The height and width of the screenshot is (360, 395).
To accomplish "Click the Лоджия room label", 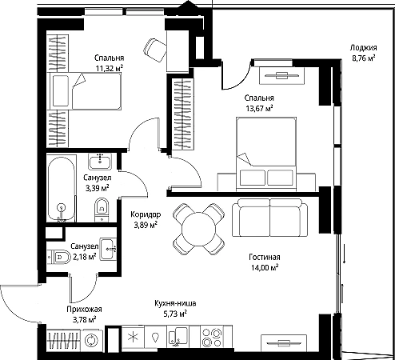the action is coord(363,48).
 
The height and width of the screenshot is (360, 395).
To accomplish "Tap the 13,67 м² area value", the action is coord(259,108).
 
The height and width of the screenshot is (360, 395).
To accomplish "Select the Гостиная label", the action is coord(265,257).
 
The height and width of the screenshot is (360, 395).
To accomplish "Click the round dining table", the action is coord(199,229).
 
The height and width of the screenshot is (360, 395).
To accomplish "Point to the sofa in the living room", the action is coord(269,218).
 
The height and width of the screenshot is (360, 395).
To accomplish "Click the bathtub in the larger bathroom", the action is coord(62,189).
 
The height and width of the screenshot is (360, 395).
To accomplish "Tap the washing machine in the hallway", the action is coord(91,341).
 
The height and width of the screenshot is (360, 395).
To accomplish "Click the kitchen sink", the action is coord(177,336).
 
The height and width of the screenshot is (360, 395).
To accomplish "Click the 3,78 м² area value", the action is coord(85,319).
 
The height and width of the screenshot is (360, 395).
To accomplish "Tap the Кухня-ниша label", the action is coord(175,303).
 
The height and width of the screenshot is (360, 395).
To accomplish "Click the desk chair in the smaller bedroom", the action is coord(154,50).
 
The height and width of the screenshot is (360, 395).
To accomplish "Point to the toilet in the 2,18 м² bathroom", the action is coord(58,257).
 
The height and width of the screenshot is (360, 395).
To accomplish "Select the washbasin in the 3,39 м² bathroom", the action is coord(100,162).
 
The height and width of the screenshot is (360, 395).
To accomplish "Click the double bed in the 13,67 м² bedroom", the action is coord(266,154).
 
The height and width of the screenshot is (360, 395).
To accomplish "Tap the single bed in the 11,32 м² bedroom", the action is coord(85,91).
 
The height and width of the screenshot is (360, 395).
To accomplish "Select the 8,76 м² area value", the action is coord(364,58).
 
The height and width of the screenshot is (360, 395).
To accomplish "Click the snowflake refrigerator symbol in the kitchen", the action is coord(132,337).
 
